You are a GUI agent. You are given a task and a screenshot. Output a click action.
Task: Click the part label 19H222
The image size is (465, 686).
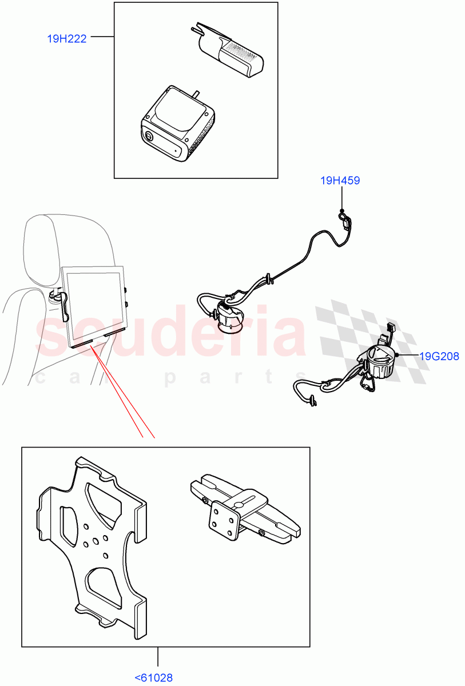point(66,39)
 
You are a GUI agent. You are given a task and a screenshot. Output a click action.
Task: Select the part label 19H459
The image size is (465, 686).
point(340,181)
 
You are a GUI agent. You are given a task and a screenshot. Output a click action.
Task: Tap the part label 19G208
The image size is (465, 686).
point(439,356)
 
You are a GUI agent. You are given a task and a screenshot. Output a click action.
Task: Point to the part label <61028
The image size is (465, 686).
point(153,678)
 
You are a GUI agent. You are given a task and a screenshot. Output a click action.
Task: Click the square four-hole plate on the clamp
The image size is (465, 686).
point(224,519)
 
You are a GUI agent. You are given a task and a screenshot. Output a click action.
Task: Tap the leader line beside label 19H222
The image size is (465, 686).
point(102,37)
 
